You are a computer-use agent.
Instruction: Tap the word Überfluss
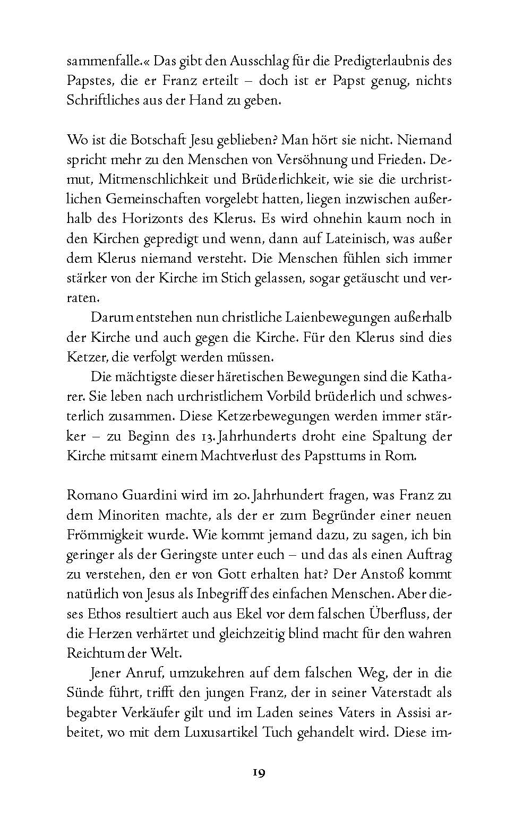(394, 614)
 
